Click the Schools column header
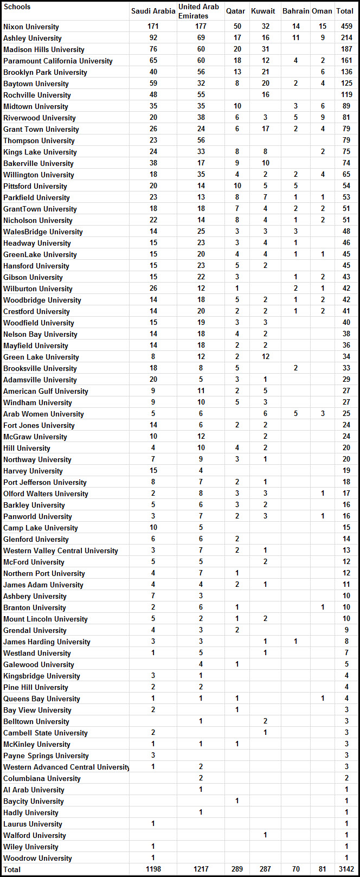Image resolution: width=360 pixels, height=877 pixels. [x=17, y=7]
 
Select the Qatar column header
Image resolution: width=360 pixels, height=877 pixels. [x=235, y=11]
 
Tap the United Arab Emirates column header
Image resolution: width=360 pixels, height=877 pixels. [x=199, y=11]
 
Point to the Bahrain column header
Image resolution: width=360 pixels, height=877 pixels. [x=295, y=11]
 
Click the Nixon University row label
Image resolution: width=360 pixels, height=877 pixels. [x=31, y=27]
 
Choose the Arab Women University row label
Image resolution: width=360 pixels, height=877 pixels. [x=43, y=414]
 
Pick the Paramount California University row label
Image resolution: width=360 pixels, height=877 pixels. [x=57, y=61]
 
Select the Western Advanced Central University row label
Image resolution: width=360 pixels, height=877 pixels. [x=66, y=767]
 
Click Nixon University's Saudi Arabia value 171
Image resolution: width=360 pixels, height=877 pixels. [x=153, y=27]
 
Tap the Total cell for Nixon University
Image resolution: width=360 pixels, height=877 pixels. [x=345, y=27]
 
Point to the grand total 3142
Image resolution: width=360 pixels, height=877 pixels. [x=345, y=869]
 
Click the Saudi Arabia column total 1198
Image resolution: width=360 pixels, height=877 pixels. [x=153, y=869]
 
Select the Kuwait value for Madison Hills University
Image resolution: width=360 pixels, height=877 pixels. [x=265, y=49]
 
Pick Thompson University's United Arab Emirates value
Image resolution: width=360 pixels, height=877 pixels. [x=201, y=140]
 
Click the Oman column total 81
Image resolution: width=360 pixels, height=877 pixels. [x=323, y=869]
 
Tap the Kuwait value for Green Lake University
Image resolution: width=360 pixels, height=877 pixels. [x=265, y=357]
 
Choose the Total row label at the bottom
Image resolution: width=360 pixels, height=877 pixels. [x=12, y=869]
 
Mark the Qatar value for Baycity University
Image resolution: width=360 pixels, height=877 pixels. [x=237, y=801]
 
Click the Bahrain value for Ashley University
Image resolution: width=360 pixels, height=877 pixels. [x=295, y=38]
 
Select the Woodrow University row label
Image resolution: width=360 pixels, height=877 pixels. [x=37, y=858]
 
